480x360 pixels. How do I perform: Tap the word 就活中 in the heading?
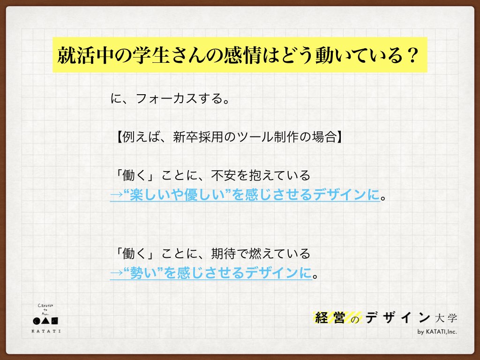pos(85,55)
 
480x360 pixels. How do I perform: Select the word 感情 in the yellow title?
pos(242,55)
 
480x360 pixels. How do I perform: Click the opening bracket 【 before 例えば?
pos(119,137)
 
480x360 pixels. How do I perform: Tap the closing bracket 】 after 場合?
pos(339,137)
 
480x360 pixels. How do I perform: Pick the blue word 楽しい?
pos(150,195)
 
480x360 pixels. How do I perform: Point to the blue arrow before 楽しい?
pos(116,195)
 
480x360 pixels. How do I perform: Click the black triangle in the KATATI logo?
pos(45,321)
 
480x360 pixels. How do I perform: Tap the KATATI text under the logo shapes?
pos(46,331)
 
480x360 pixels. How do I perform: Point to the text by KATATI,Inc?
pos(437,332)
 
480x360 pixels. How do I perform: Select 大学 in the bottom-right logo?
pos(446,318)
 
